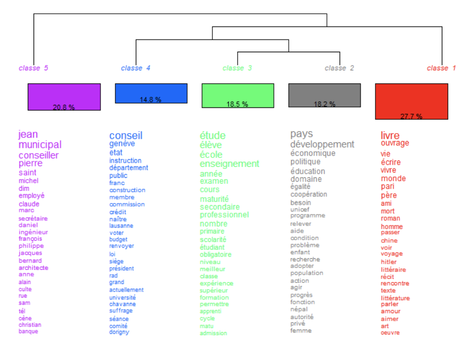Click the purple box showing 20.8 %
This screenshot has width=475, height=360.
tap(64, 97)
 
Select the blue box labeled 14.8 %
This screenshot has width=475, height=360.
tap(151, 93)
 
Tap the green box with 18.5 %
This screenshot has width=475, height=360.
tap(238, 96)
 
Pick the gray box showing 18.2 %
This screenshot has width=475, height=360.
tap(325, 96)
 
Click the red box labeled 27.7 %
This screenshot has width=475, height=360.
tap(411, 102)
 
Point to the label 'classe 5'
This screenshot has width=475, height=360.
tap(33, 68)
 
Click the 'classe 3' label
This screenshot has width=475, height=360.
tap(237, 68)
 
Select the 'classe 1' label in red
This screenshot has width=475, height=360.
tap(441, 68)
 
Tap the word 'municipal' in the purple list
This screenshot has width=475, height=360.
tap(40, 145)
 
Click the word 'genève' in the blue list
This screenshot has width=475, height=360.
tap(122, 144)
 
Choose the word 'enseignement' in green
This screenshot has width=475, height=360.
tap(230, 164)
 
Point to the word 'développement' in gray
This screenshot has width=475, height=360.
tap(322, 145)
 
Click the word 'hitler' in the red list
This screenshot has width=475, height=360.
tap(389, 262)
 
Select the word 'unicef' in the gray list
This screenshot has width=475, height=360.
tap(300, 209)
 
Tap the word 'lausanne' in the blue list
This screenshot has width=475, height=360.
tap(121, 226)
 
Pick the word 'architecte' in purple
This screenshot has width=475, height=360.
tap(33, 268)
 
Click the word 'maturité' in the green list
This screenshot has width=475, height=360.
tap(214, 199)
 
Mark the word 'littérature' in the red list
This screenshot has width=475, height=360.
tap(395, 298)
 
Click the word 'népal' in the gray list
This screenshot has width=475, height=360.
tap(299, 310)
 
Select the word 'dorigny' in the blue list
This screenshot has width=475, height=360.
tap(119, 332)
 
